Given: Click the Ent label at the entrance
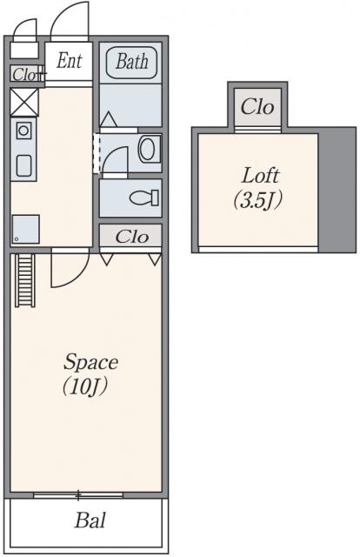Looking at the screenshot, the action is [70, 61].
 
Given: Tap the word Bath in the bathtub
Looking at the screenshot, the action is [131, 62].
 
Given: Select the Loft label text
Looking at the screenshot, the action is [260, 176].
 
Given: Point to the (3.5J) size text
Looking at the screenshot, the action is [258, 201].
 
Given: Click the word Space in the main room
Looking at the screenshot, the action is [91, 363].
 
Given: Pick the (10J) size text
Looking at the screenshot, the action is [85, 387].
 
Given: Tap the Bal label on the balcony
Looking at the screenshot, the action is [90, 520].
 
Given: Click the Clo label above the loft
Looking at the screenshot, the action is [257, 107].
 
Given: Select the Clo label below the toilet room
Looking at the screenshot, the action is [131, 237].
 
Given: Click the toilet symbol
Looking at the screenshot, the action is [144, 198].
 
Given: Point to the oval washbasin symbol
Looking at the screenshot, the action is [147, 149].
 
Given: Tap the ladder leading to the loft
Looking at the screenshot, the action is [25, 280].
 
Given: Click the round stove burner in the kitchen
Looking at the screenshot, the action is [23, 131].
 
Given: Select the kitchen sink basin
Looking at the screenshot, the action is [24, 165].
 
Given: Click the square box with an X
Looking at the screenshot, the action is [24, 103].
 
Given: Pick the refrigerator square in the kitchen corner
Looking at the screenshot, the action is [25, 230].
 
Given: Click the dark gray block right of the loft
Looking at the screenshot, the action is [337, 190].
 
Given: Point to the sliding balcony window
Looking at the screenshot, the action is [78, 495].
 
